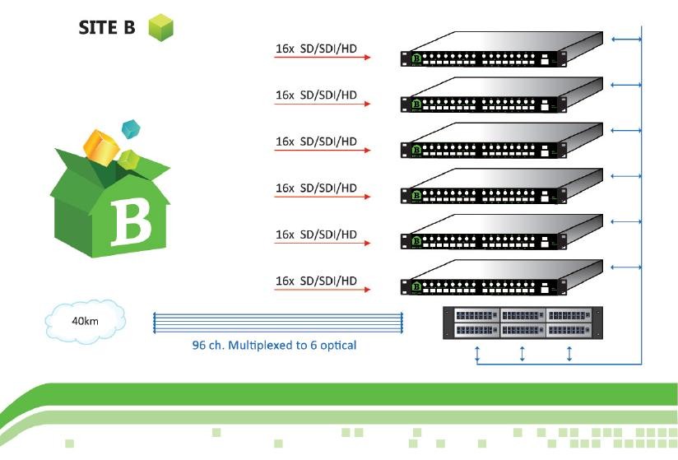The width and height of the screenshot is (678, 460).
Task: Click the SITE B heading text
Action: pos(107,27)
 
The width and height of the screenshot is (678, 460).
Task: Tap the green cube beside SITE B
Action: pos(160,27)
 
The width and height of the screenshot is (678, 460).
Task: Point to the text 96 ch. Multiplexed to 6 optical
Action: pos(269,346)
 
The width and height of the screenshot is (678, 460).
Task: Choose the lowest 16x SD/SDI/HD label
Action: pos(316,281)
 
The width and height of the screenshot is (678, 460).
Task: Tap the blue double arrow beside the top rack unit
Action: pos(625,38)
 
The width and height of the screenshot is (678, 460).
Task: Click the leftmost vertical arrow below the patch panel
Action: pos(477,354)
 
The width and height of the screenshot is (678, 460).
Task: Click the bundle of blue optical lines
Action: pos(277,323)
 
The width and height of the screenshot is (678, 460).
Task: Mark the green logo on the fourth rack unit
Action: pos(416,196)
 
